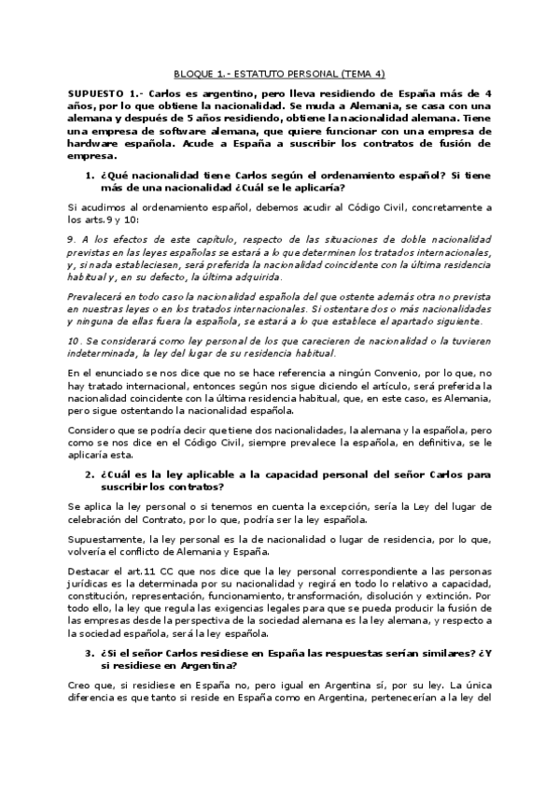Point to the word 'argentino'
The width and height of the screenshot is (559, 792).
tap(211, 95)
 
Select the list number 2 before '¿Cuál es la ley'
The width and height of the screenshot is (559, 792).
tap(89, 475)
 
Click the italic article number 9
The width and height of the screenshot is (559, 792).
tap(71, 240)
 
